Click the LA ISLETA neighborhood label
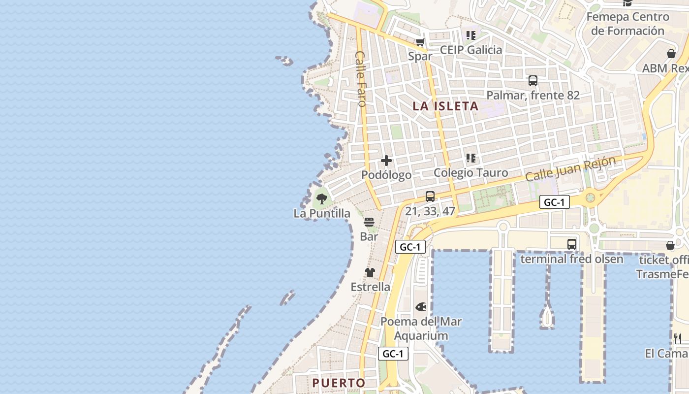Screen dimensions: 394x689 point(445,106)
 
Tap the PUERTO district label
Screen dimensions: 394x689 point(339,383)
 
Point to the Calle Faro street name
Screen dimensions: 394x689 point(361,79)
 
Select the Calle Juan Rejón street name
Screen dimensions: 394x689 point(570,169)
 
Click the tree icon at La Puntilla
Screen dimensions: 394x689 point(322,199)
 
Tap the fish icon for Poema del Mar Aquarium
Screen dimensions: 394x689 point(421,307)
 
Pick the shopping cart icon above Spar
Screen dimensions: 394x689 point(420,42)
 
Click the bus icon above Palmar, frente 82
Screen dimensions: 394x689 point(533,81)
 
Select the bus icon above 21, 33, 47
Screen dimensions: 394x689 point(430,197)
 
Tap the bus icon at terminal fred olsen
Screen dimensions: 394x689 point(572,244)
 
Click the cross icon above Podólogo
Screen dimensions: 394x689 point(386,161)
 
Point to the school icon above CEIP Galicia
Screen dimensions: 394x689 point(471,35)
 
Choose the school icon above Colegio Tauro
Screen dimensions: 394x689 point(471,158)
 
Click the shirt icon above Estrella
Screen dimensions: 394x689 point(370,272)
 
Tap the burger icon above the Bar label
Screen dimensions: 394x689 point(369,222)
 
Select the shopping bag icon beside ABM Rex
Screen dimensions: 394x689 point(671,54)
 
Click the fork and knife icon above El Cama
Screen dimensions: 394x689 point(678,338)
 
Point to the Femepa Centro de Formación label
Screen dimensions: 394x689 point(627,24)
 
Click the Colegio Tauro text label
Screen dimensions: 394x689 point(470,173)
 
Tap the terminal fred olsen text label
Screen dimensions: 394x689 point(572,259)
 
